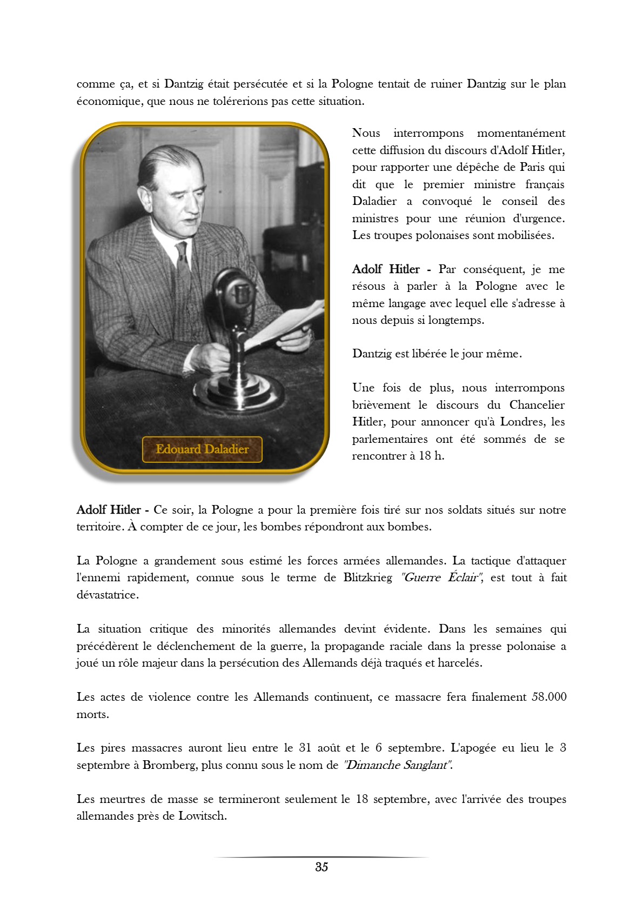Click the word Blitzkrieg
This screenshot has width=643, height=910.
tap(367, 577)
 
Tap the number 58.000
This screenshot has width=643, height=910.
tap(549, 697)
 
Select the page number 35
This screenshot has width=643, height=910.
tap(321, 867)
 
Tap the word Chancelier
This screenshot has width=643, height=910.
tap(537, 405)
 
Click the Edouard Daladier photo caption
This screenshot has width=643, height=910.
tap(202, 449)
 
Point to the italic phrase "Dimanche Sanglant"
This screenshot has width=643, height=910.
tap(398, 765)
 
